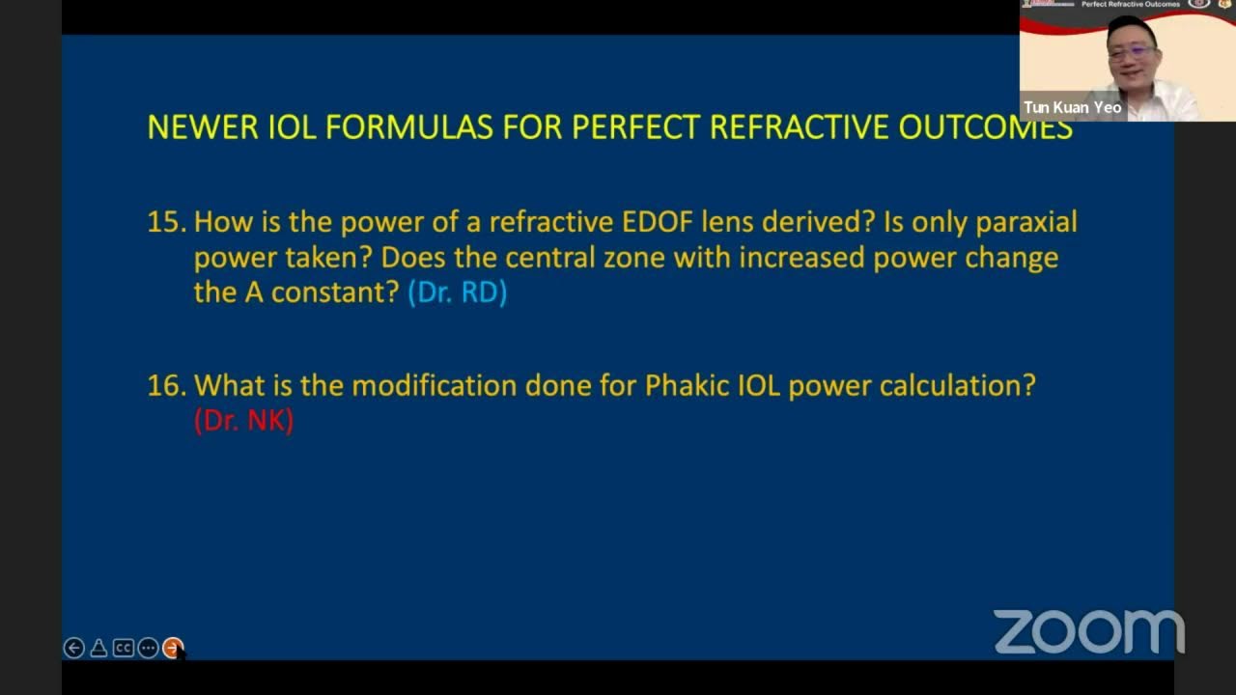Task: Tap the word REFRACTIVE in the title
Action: tap(799, 127)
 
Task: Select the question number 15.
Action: tap(165, 223)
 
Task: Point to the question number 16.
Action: tap(165, 386)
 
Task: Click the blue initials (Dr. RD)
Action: tap(457, 292)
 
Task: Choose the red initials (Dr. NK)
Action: tap(243, 420)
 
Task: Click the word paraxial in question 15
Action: tap(1025, 223)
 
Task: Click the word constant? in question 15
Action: tap(334, 292)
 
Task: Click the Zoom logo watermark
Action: tap(1088, 632)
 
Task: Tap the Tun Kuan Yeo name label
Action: tap(1072, 107)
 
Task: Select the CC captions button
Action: tap(123, 648)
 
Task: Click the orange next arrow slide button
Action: tap(172, 648)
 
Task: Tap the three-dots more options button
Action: tap(148, 648)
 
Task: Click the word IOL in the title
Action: tap(292, 127)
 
